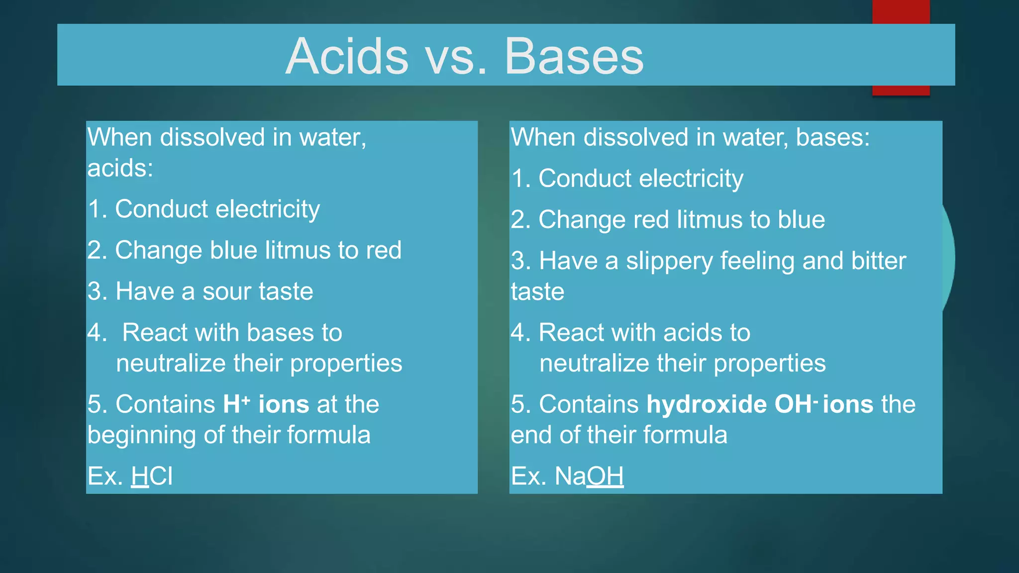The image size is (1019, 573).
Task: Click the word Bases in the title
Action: click(574, 56)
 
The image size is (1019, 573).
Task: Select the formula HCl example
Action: click(152, 476)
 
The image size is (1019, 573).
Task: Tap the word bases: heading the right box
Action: click(833, 137)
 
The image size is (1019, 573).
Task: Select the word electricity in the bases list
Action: click(691, 179)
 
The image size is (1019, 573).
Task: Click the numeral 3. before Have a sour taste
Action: click(98, 291)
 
